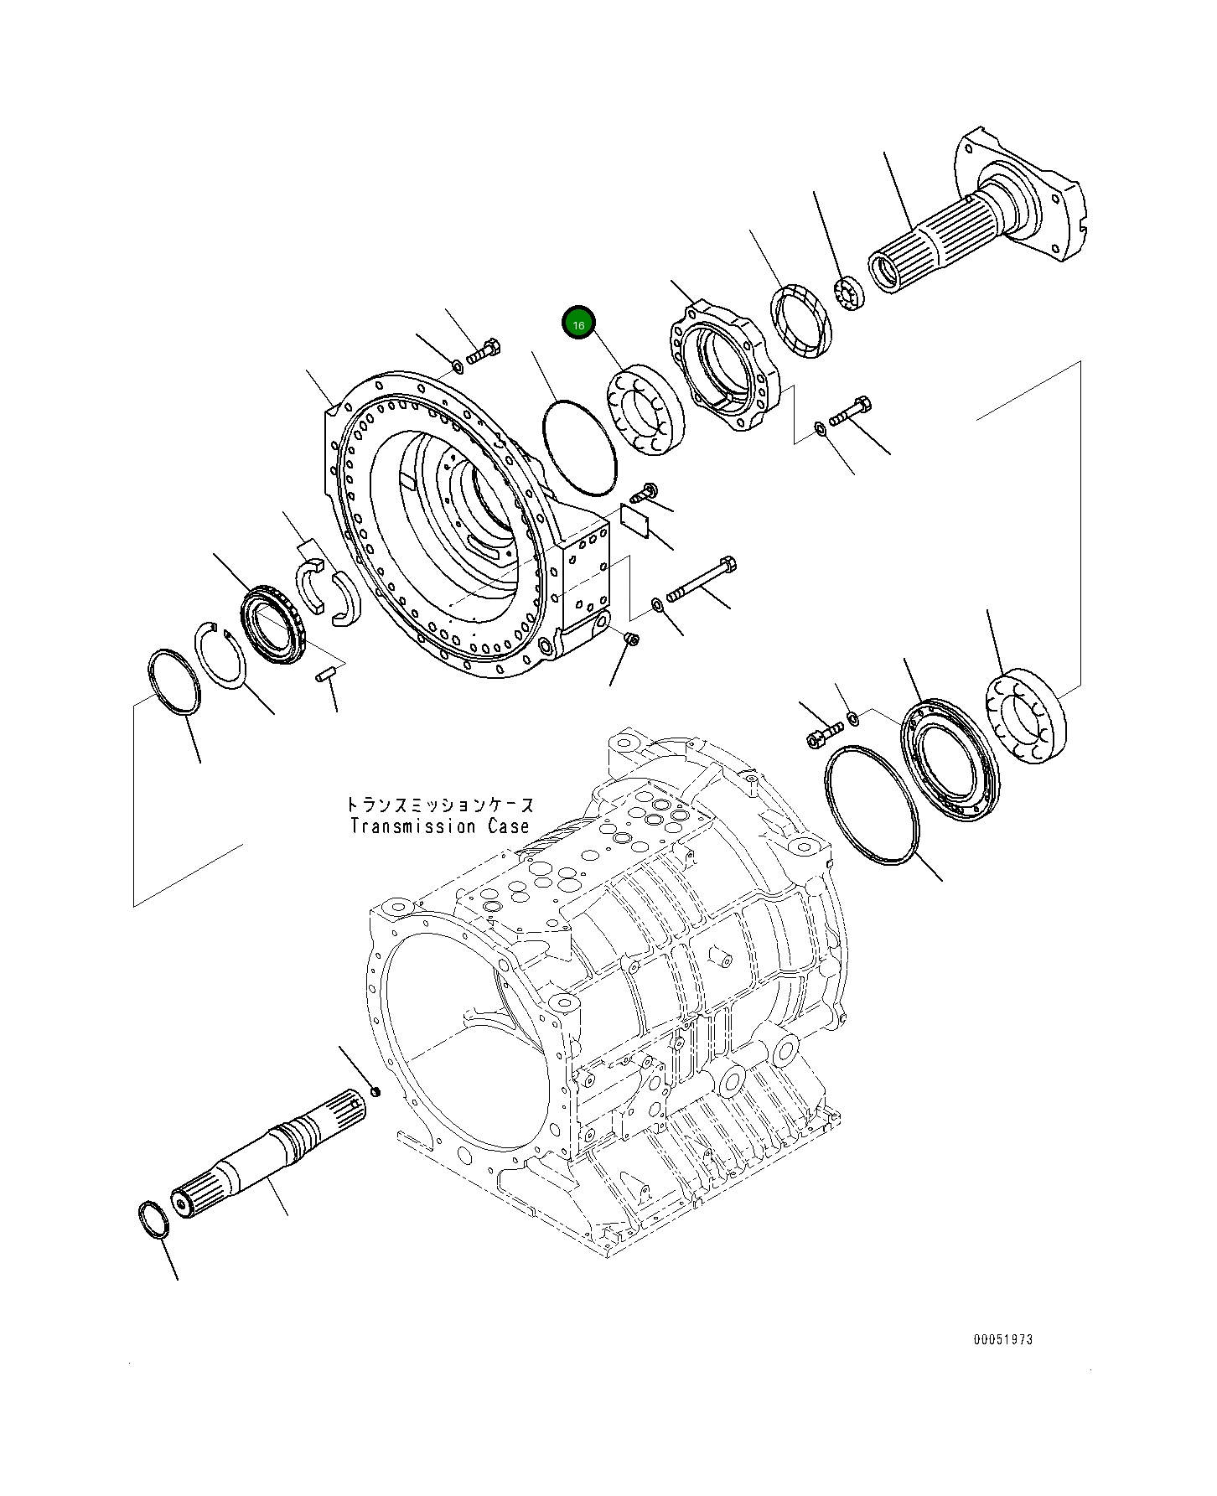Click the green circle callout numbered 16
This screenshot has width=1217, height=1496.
click(578, 323)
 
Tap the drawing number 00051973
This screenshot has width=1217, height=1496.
click(1002, 1339)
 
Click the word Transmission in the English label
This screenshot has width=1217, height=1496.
click(412, 826)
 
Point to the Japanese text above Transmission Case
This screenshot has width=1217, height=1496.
click(439, 805)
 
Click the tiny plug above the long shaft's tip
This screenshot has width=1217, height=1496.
click(375, 1091)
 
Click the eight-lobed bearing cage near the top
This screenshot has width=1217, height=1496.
click(723, 366)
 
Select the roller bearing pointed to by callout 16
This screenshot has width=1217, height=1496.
click(644, 411)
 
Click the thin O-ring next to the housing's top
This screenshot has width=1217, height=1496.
click(580, 448)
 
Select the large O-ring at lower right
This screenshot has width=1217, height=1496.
click(872, 806)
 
